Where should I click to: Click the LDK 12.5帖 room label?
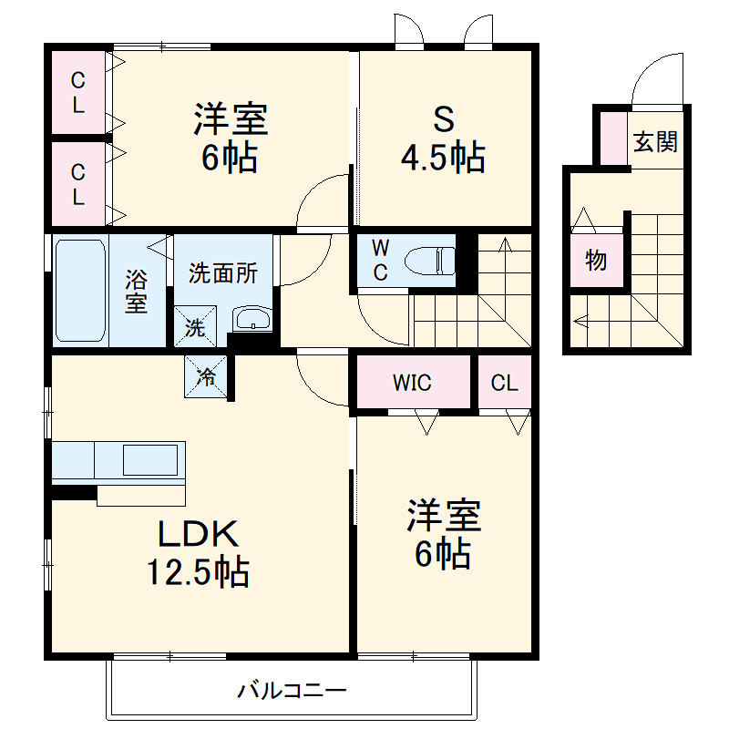pyautogui.click(x=199, y=551)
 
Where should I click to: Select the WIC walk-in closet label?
pyautogui.click(x=412, y=383)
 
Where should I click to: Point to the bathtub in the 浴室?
pyautogui.click(x=81, y=290)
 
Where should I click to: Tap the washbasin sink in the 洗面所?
pyautogui.click(x=251, y=319)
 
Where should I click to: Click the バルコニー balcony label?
pyautogui.click(x=293, y=690)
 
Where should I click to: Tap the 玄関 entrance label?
pyautogui.click(x=655, y=141)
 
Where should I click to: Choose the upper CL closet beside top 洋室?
pyautogui.click(x=79, y=91)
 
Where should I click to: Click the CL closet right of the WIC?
pyautogui.click(x=504, y=383)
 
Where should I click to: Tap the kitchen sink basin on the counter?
pyautogui.click(x=149, y=460)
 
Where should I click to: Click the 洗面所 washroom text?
pyautogui.click(x=223, y=272)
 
